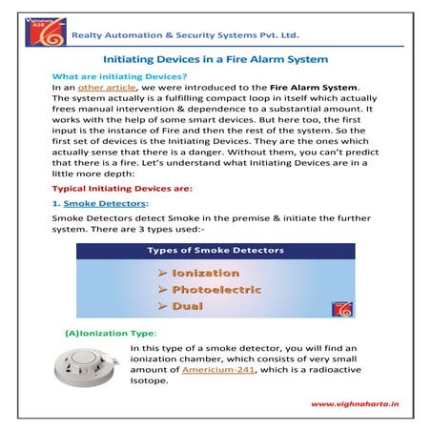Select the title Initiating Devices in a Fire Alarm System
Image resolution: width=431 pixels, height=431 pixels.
pyautogui.click(x=215, y=59)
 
